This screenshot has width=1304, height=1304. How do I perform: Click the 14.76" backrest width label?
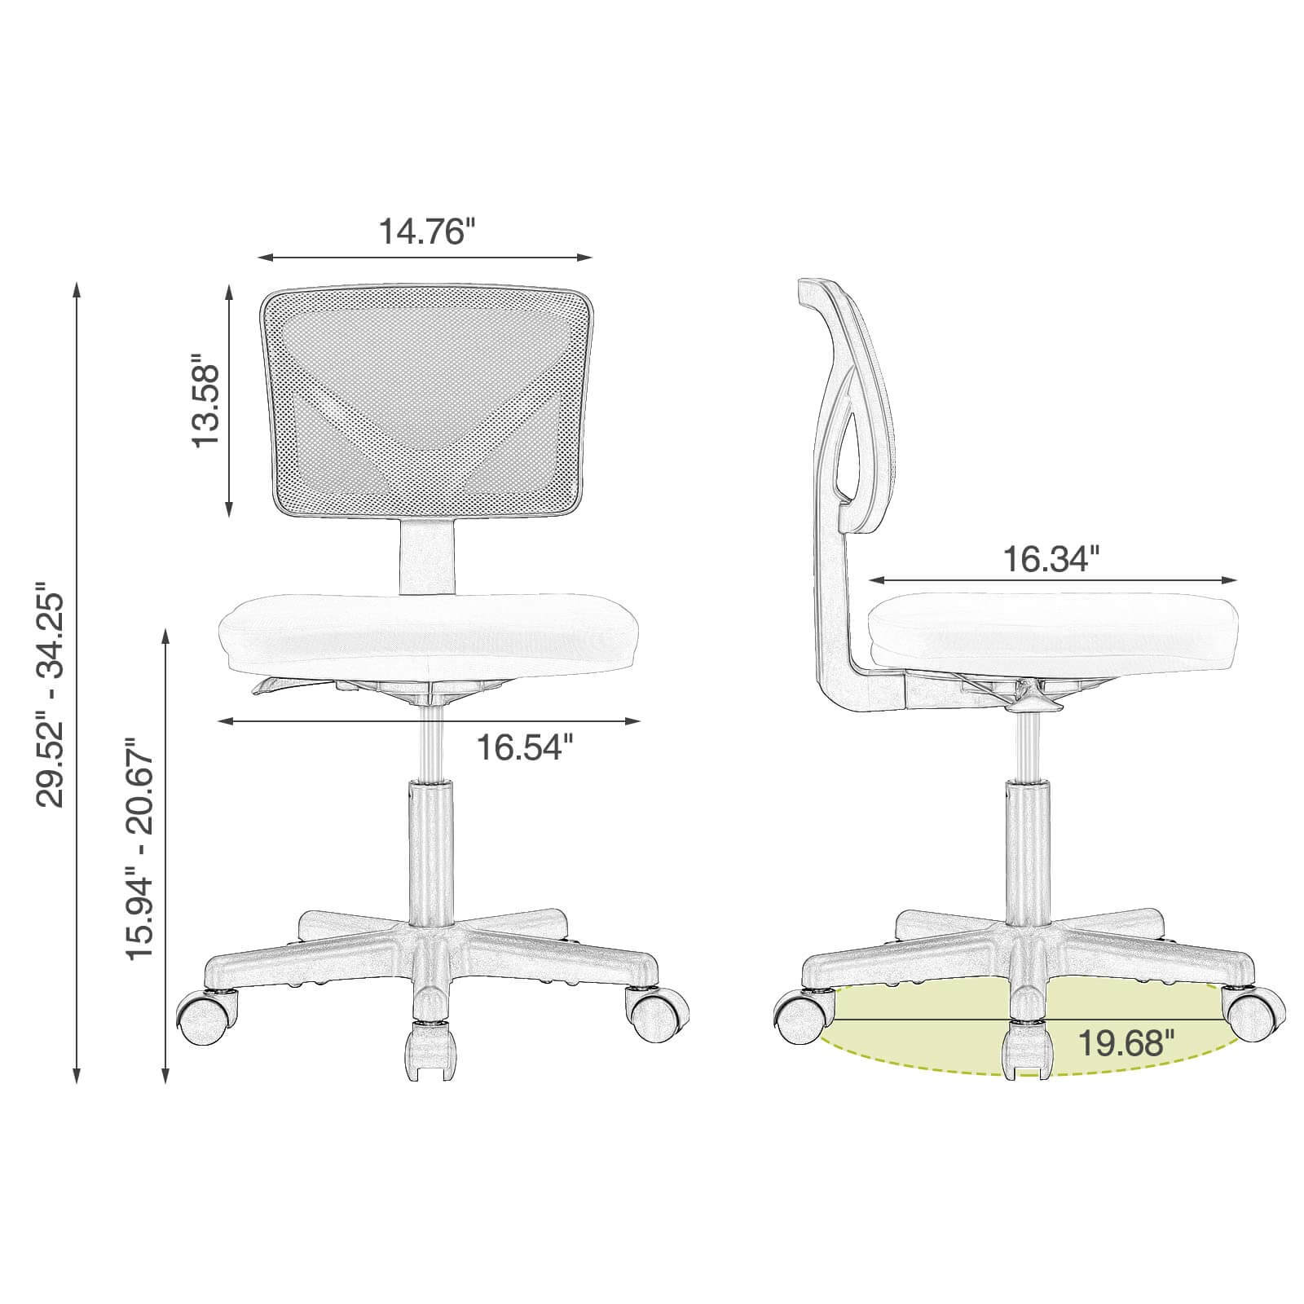(x=425, y=231)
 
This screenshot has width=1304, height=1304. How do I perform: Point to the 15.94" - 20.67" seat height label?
(x=139, y=849)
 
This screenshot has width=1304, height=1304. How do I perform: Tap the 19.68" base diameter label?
(x=1127, y=1042)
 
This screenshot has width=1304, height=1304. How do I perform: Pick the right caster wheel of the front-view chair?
(x=657, y=1015)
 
